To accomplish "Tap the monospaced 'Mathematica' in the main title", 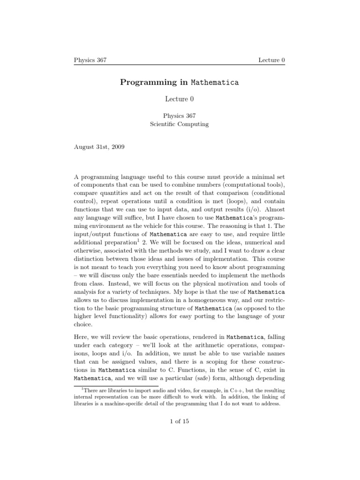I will [x=215, y=82].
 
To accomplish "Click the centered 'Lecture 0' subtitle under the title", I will [x=180, y=99].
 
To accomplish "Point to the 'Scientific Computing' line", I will [x=180, y=124].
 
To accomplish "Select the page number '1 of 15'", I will [x=180, y=421].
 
